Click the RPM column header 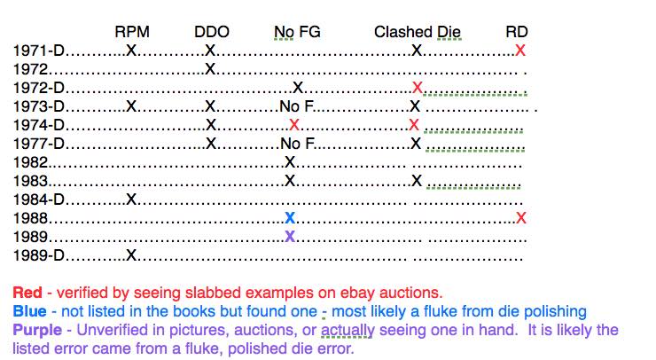pos(132,32)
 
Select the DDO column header pos(212,32)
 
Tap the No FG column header pos(297,32)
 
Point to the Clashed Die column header pos(418,32)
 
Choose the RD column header pos(517,32)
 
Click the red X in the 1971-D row pos(520,51)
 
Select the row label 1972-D pos(39,88)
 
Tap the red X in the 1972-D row pos(418,88)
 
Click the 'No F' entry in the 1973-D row pos(297,106)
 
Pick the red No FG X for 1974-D pos(294,125)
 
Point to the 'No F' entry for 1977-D pos(298,144)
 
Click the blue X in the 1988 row pos(290,217)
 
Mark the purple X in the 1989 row pos(290,237)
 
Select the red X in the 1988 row pos(521,217)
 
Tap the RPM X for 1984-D pos(131,200)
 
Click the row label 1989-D pos(39,255)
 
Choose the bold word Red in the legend pos(27,293)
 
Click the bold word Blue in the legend pos(30,311)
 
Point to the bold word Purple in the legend pos(37,330)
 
